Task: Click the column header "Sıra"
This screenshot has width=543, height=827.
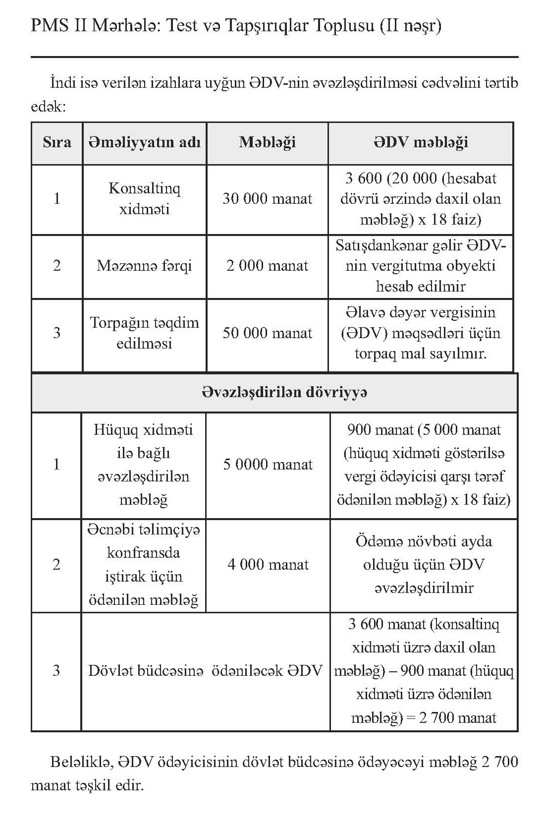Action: pyautogui.click(x=56, y=143)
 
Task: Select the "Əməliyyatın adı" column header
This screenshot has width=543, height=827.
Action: pyautogui.click(x=144, y=143)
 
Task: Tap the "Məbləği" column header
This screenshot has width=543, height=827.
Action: pyautogui.click(x=267, y=143)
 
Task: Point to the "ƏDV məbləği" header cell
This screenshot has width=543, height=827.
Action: pyautogui.click(x=420, y=143)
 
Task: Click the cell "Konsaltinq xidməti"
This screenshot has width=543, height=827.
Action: pyautogui.click(x=144, y=199)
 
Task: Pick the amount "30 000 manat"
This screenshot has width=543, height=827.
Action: pyautogui.click(x=267, y=199)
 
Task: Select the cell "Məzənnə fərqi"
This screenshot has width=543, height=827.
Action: pyautogui.click(x=144, y=266)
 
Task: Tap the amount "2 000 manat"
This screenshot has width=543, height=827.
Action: pyautogui.click(x=267, y=266)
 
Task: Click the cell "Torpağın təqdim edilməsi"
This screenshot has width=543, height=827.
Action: pyautogui.click(x=144, y=333)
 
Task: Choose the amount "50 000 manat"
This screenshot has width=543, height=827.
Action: pyautogui.click(x=267, y=333)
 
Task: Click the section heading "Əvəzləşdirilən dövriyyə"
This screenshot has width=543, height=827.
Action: pyautogui.click(x=284, y=392)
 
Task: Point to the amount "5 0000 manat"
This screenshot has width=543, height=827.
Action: pyautogui.click(x=268, y=465)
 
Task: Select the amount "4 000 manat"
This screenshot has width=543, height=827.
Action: pyautogui.click(x=268, y=564)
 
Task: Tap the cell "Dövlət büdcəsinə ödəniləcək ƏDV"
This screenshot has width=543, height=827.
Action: pyautogui.click(x=205, y=671)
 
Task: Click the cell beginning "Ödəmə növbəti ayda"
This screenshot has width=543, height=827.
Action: pyautogui.click(x=424, y=564)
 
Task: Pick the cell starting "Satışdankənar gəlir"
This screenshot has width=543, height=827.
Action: pyautogui.click(x=420, y=266)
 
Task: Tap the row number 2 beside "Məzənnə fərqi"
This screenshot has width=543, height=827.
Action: pyautogui.click(x=56, y=266)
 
